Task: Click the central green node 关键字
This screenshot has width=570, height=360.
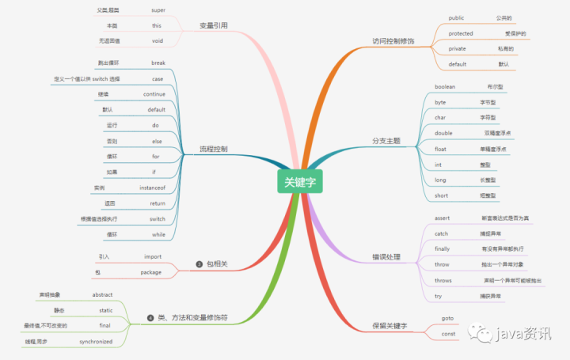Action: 301,182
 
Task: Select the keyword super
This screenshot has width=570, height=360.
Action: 158,10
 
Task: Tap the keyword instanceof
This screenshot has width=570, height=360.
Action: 151,188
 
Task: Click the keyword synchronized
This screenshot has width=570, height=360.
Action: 96,342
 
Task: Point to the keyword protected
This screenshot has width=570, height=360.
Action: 461,33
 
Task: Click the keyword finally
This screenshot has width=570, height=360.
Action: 442,248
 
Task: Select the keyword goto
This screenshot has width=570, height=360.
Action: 446,317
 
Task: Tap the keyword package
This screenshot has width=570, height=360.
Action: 151,272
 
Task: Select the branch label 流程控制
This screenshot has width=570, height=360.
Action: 213,149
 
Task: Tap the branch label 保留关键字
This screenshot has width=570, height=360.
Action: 390,325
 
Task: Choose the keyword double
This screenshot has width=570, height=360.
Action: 443,133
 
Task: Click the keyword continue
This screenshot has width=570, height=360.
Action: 154,93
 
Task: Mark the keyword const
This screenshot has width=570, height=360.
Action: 447,334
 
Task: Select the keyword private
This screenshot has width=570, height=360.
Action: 456,48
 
